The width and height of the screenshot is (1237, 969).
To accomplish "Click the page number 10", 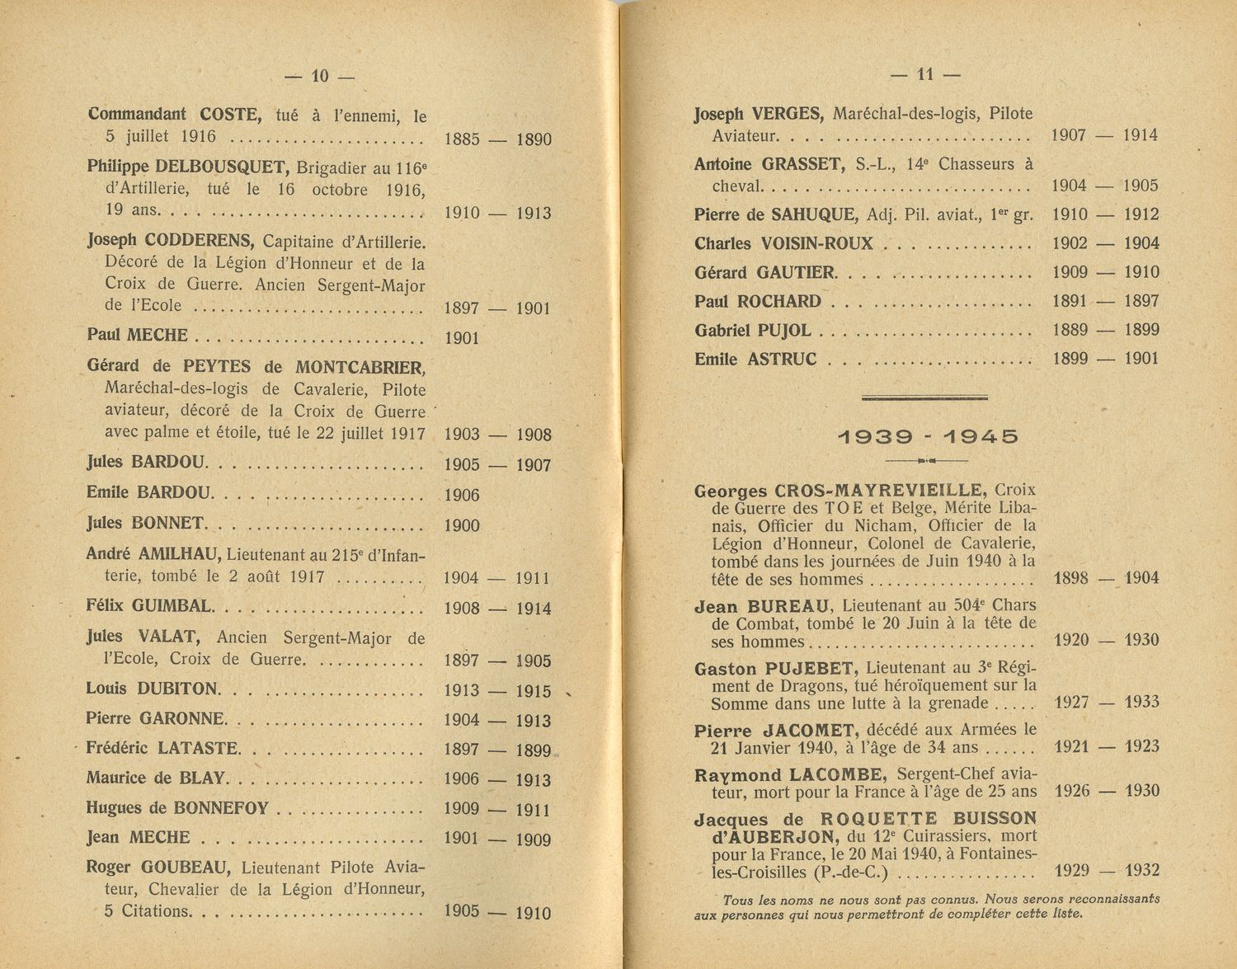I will [x=319, y=77].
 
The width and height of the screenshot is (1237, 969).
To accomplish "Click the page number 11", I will [x=925, y=74].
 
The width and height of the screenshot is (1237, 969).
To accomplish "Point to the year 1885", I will [x=461, y=139].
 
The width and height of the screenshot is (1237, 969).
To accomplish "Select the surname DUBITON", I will [x=177, y=689].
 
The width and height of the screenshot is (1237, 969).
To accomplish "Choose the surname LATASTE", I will [x=197, y=748].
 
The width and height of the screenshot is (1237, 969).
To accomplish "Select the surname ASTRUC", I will [x=782, y=359].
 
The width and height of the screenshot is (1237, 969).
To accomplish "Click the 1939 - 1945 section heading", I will [x=928, y=436].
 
